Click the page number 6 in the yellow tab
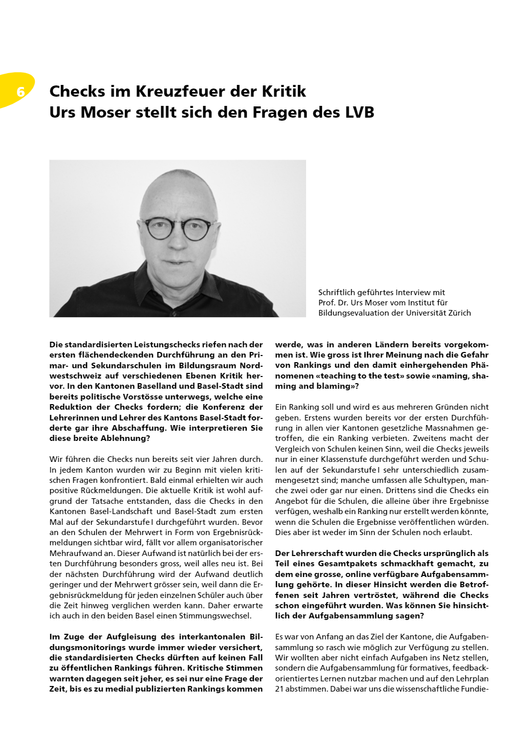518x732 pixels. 20,92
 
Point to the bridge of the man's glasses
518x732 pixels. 179,223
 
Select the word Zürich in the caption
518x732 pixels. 458,313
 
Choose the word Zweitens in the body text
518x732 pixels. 439,438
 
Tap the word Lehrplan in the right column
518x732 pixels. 472,679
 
